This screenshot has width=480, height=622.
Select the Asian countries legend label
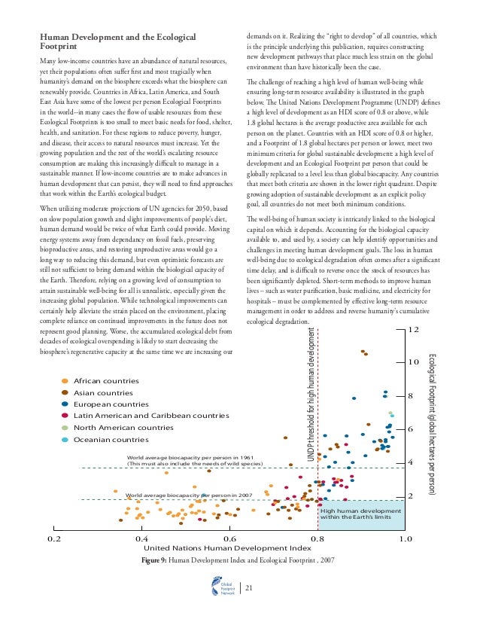click(x=104, y=392)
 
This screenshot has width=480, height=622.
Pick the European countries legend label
click(x=111, y=404)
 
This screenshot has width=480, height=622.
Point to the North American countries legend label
click(x=123, y=428)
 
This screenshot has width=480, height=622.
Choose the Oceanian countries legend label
click(x=111, y=439)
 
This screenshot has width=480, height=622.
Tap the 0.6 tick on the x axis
click(x=230, y=540)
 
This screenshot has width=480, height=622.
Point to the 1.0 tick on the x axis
click(x=406, y=540)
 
